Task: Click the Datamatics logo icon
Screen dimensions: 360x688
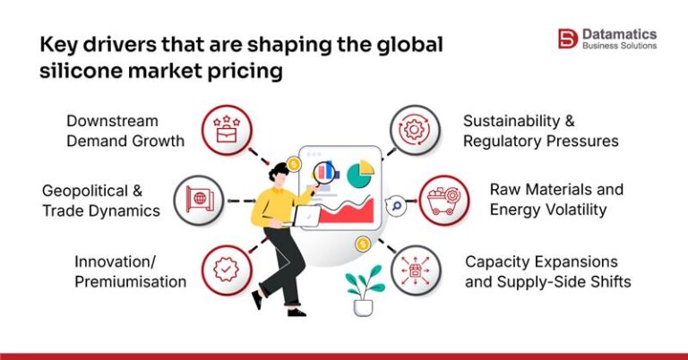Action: [x=567, y=39]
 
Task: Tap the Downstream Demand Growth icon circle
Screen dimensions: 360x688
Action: [x=224, y=128]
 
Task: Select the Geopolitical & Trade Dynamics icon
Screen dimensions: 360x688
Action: [x=198, y=198]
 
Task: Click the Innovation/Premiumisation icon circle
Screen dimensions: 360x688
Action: [x=224, y=270]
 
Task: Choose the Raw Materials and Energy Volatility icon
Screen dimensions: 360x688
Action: [x=442, y=199]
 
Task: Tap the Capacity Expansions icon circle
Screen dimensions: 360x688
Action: [x=416, y=270]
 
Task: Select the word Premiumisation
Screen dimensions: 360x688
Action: [x=130, y=281]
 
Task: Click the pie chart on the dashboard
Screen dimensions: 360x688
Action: [x=360, y=172]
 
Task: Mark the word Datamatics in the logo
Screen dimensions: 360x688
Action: [x=619, y=32]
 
